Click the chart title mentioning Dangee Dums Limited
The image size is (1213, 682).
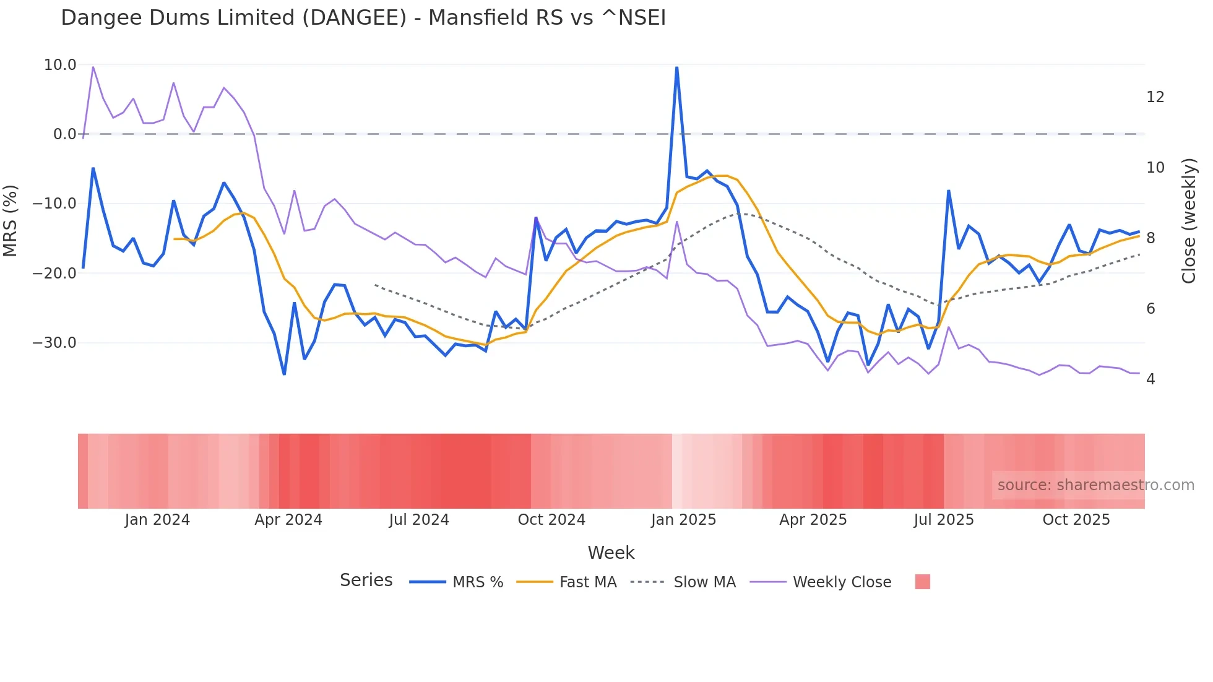(363, 18)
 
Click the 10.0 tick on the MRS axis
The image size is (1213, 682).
(60, 65)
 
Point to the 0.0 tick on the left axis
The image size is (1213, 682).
(64, 134)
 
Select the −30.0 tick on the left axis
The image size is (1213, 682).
(54, 343)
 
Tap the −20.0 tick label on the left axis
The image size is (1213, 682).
(54, 273)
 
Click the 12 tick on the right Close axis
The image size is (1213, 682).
(1155, 97)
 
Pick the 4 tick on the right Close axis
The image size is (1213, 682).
(1150, 379)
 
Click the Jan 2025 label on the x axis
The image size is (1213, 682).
(683, 520)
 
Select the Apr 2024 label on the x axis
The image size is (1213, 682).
(288, 520)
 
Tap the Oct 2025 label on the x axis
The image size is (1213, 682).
(1076, 520)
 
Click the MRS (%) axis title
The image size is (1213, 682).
(11, 221)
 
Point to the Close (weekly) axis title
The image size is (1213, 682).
(1189, 221)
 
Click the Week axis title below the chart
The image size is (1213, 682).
(611, 553)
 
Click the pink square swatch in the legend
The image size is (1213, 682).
(922, 582)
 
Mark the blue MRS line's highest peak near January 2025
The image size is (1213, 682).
(676, 67)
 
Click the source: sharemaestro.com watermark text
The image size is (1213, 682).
(1095, 485)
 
